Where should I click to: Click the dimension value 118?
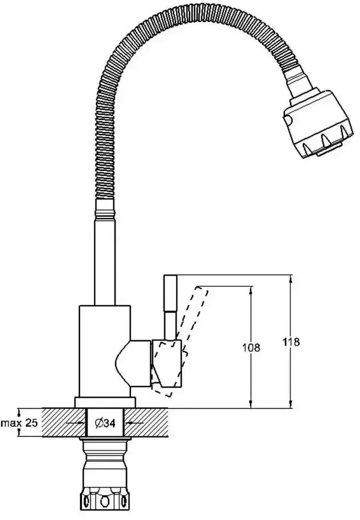292,342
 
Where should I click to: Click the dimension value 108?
251,347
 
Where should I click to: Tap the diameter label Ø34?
105,423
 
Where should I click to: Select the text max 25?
20,423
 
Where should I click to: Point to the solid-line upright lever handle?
171,306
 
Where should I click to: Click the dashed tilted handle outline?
181,342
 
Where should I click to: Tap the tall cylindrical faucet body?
105,351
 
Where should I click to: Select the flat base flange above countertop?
105,402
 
